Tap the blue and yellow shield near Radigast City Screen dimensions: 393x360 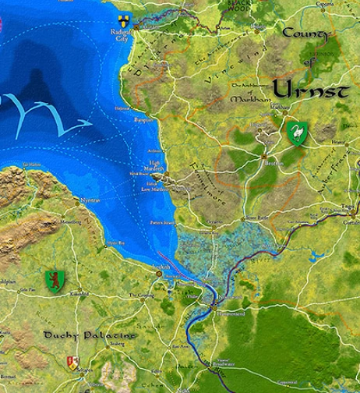pos(123,19)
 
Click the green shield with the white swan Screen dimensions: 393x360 pos(296,131)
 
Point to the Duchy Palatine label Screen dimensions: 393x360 pos(78,335)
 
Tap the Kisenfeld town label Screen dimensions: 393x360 pos(79,294)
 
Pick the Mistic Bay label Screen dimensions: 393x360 pos(116,243)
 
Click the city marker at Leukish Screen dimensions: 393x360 pos(158,274)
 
